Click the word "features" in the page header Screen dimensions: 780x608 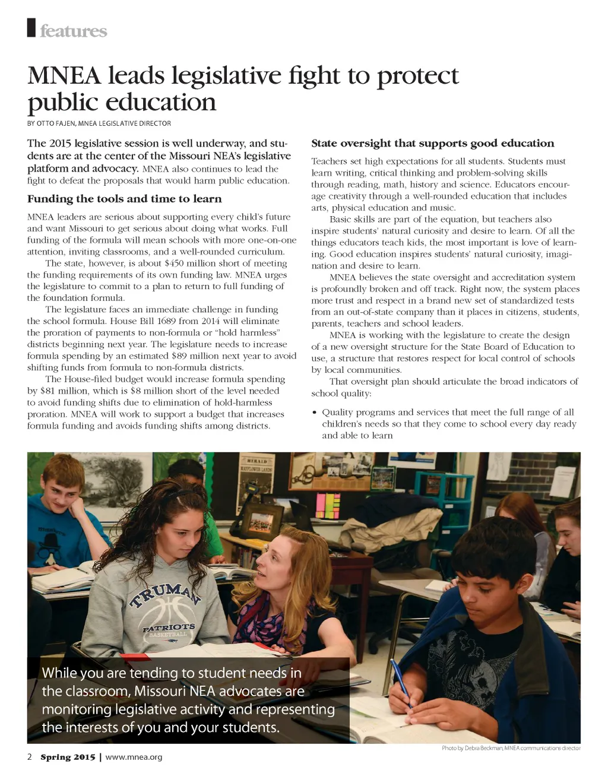pyautogui.click(x=73, y=31)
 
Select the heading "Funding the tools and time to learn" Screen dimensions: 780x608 pyautogui.click(x=124, y=199)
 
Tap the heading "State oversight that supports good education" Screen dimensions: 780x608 pyautogui.click(x=432, y=143)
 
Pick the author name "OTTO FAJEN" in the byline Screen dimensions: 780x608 pyautogui.click(x=56, y=123)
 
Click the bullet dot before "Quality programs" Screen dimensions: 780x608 pyautogui.click(x=315, y=413)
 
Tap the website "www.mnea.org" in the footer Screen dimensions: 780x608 pyautogui.click(x=134, y=757)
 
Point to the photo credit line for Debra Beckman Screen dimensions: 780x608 pyautogui.click(x=511, y=748)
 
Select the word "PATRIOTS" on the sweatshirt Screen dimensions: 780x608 pyautogui.click(x=169, y=627)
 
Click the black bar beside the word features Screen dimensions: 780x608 pyautogui.click(x=31, y=28)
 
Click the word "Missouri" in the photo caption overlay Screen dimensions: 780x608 pyautogui.click(x=159, y=692)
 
